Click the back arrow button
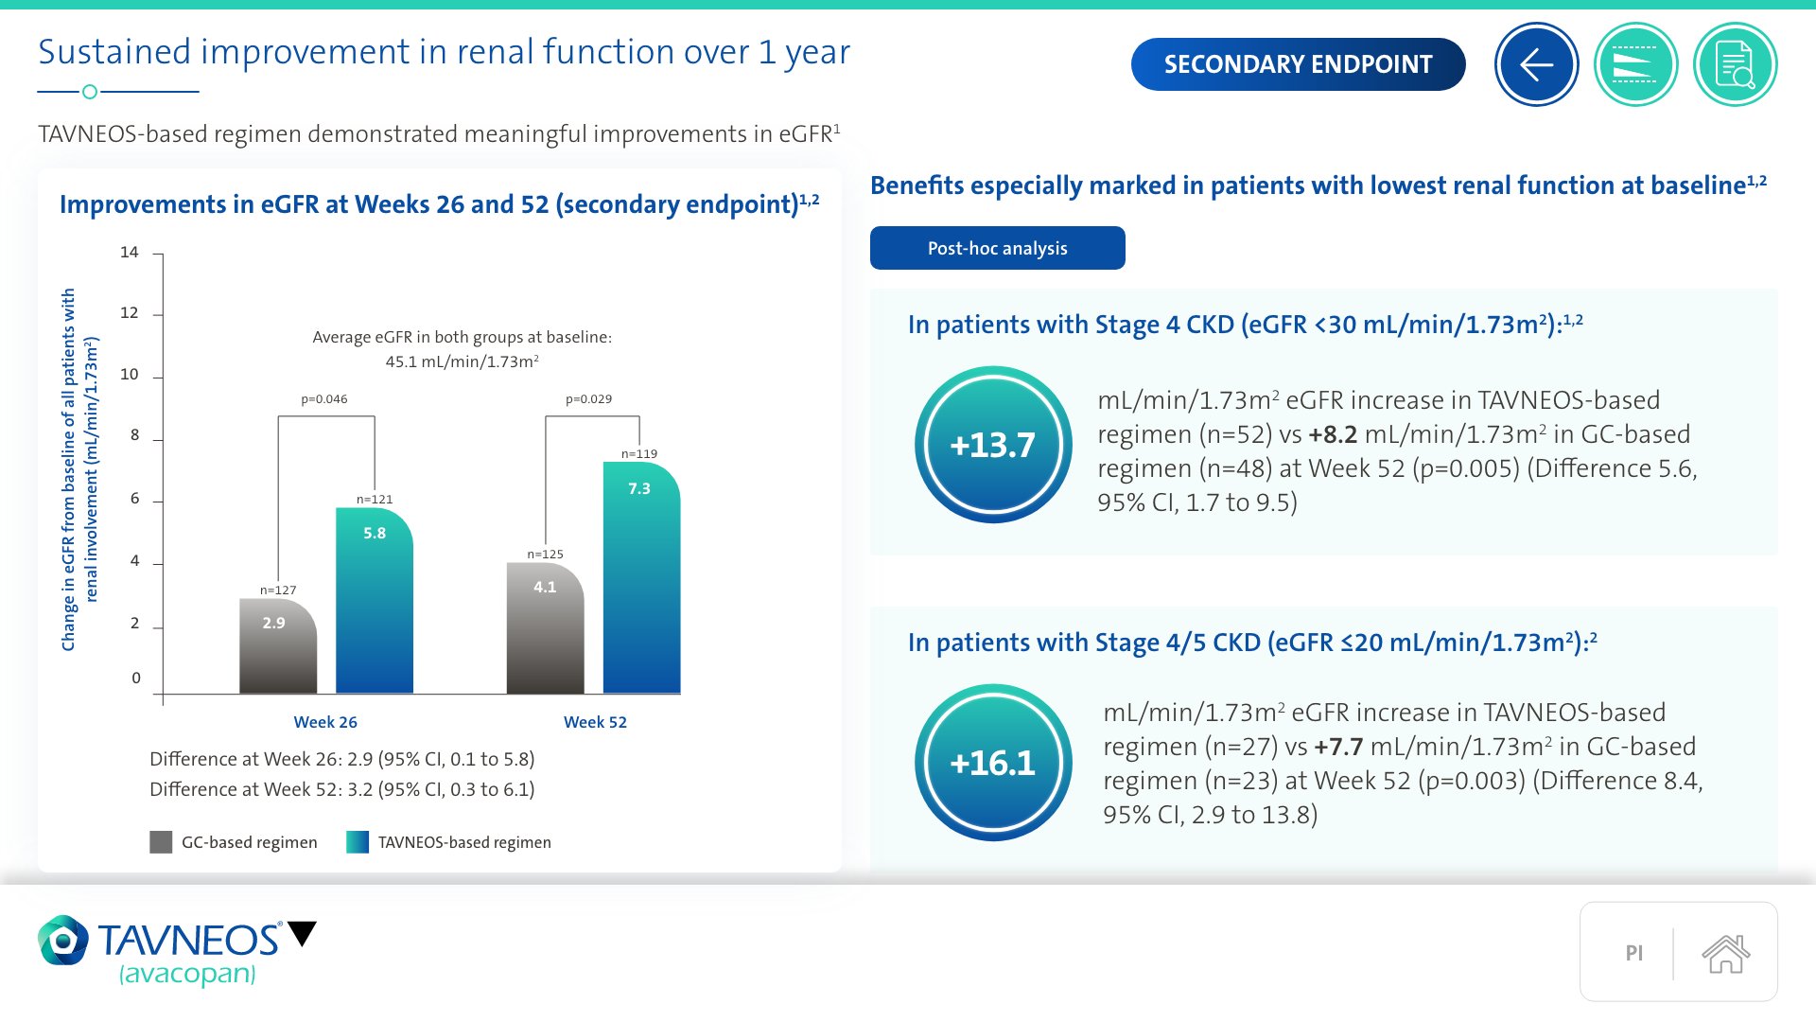click(x=1536, y=64)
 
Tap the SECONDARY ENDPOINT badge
click(x=1298, y=64)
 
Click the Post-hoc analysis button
click(x=997, y=248)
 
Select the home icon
click(x=1725, y=953)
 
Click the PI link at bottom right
click(x=1633, y=953)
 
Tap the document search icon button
click(x=1735, y=64)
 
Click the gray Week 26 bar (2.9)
click(x=278, y=646)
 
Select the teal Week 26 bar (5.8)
click(x=375, y=601)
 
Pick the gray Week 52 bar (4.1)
click(x=546, y=628)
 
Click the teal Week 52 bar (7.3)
click(x=641, y=577)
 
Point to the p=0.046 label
click(x=324, y=399)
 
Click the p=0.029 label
click(x=588, y=399)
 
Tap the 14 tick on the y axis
click(x=130, y=252)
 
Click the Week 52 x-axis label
click(x=595, y=722)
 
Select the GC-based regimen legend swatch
click(x=161, y=842)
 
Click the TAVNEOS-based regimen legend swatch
click(x=358, y=842)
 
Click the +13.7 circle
click(x=993, y=445)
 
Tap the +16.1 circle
click(x=993, y=763)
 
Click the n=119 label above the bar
click(x=639, y=454)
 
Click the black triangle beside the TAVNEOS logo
click(x=303, y=933)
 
